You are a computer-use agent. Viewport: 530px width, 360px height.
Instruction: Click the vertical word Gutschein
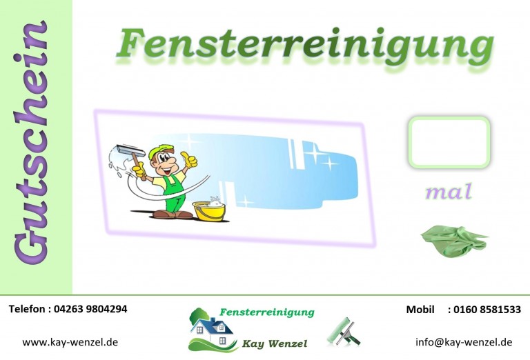(x=31, y=142)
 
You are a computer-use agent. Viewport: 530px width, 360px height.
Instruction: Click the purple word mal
(x=448, y=192)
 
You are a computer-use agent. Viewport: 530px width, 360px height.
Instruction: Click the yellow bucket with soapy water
(x=209, y=210)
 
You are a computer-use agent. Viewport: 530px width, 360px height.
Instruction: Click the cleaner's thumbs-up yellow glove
(x=189, y=159)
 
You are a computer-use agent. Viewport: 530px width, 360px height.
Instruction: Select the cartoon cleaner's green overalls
(x=175, y=193)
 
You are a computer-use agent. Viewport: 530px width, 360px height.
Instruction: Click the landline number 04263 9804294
(x=90, y=309)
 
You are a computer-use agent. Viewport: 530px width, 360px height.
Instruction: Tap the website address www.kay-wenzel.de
(x=70, y=342)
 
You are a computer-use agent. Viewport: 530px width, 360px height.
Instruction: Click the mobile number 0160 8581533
(x=487, y=310)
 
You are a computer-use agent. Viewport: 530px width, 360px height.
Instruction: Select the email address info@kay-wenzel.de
(x=464, y=342)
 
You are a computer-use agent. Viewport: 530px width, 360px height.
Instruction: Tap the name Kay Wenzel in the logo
(x=275, y=343)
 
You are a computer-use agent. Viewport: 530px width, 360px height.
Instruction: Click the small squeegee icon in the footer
(x=343, y=332)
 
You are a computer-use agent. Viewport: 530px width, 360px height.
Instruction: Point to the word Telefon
(x=27, y=309)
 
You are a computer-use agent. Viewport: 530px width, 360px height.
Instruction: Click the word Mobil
(x=420, y=310)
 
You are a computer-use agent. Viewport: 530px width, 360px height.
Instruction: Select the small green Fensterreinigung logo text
(x=267, y=312)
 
